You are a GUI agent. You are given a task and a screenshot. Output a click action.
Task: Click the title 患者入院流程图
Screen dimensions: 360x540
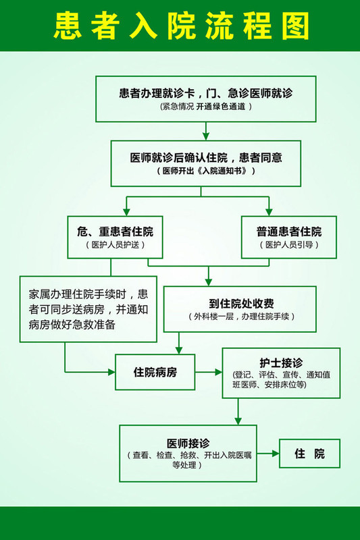[181, 26]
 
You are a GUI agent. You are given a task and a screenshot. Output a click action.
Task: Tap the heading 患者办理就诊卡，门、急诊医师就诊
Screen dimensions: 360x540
[205, 93]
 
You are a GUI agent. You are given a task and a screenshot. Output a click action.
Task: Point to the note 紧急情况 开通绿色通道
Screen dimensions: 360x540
[206, 107]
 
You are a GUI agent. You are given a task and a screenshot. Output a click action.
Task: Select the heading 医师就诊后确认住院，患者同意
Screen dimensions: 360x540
[206, 157]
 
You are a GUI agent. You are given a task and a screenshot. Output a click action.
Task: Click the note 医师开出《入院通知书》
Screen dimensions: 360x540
[206, 171]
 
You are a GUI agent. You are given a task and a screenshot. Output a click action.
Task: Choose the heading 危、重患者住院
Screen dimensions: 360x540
[115, 232]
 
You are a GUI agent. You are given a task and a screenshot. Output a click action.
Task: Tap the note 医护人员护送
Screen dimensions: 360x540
[115, 245]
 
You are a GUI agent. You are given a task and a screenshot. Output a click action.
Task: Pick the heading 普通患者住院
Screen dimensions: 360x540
[288, 232]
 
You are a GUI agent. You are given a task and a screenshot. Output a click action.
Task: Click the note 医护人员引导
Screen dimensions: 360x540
[288, 245]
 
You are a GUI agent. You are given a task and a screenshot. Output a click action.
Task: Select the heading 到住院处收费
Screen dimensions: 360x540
[241, 303]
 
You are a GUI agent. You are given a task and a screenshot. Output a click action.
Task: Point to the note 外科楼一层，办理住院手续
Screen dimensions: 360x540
[241, 317]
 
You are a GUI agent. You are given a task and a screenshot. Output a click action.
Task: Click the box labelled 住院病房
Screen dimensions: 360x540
[155, 372]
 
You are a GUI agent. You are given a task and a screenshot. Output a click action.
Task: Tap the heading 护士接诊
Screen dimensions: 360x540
[281, 362]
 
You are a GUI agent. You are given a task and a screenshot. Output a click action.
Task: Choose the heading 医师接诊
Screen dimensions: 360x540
[188, 443]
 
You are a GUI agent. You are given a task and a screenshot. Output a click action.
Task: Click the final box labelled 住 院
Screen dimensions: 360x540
[309, 454]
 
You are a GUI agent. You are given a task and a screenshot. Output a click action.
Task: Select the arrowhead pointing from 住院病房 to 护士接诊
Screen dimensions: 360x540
[218, 372]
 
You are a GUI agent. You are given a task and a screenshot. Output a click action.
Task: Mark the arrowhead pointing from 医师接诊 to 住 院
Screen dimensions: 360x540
[276, 454]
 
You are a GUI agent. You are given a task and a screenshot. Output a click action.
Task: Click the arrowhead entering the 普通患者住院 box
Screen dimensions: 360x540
[269, 212]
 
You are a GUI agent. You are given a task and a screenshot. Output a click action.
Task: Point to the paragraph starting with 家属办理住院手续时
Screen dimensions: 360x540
[88, 309]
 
